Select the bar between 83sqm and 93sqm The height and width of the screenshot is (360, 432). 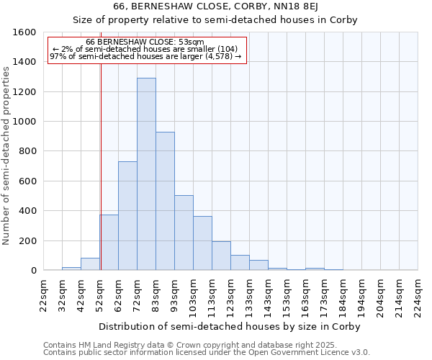[x=165, y=201]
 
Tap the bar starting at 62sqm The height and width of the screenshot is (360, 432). [x=127, y=216]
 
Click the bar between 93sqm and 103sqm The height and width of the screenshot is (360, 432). [x=184, y=233]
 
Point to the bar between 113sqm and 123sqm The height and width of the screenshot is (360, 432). [x=221, y=256]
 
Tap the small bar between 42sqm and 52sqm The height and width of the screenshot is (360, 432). [x=90, y=264]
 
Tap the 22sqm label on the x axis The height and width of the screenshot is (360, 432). [x=43, y=295]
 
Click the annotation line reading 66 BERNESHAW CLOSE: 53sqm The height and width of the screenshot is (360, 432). [x=145, y=42]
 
